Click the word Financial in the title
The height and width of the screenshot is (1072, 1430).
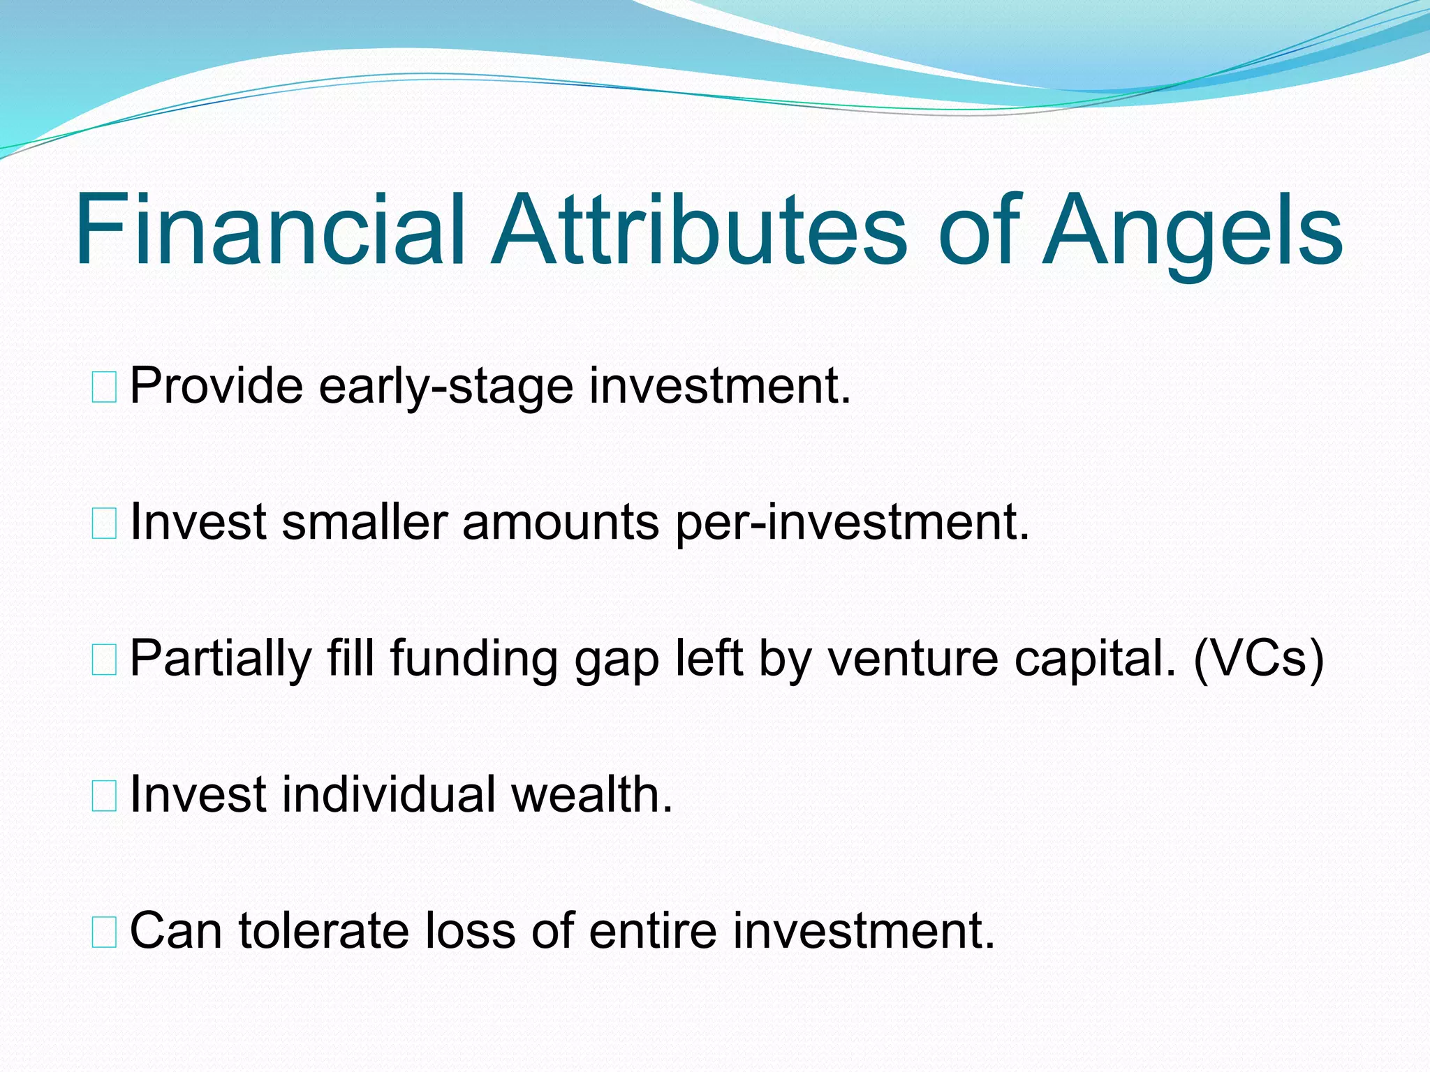269,230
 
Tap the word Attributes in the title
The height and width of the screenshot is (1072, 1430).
698,230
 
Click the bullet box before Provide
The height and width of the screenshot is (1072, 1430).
104,387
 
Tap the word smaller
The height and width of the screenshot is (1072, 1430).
364,522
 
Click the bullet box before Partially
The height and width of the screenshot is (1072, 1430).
104,660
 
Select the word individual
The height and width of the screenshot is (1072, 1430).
388,795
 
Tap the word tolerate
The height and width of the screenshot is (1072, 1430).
323,931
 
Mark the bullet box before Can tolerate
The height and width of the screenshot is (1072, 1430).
104,933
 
